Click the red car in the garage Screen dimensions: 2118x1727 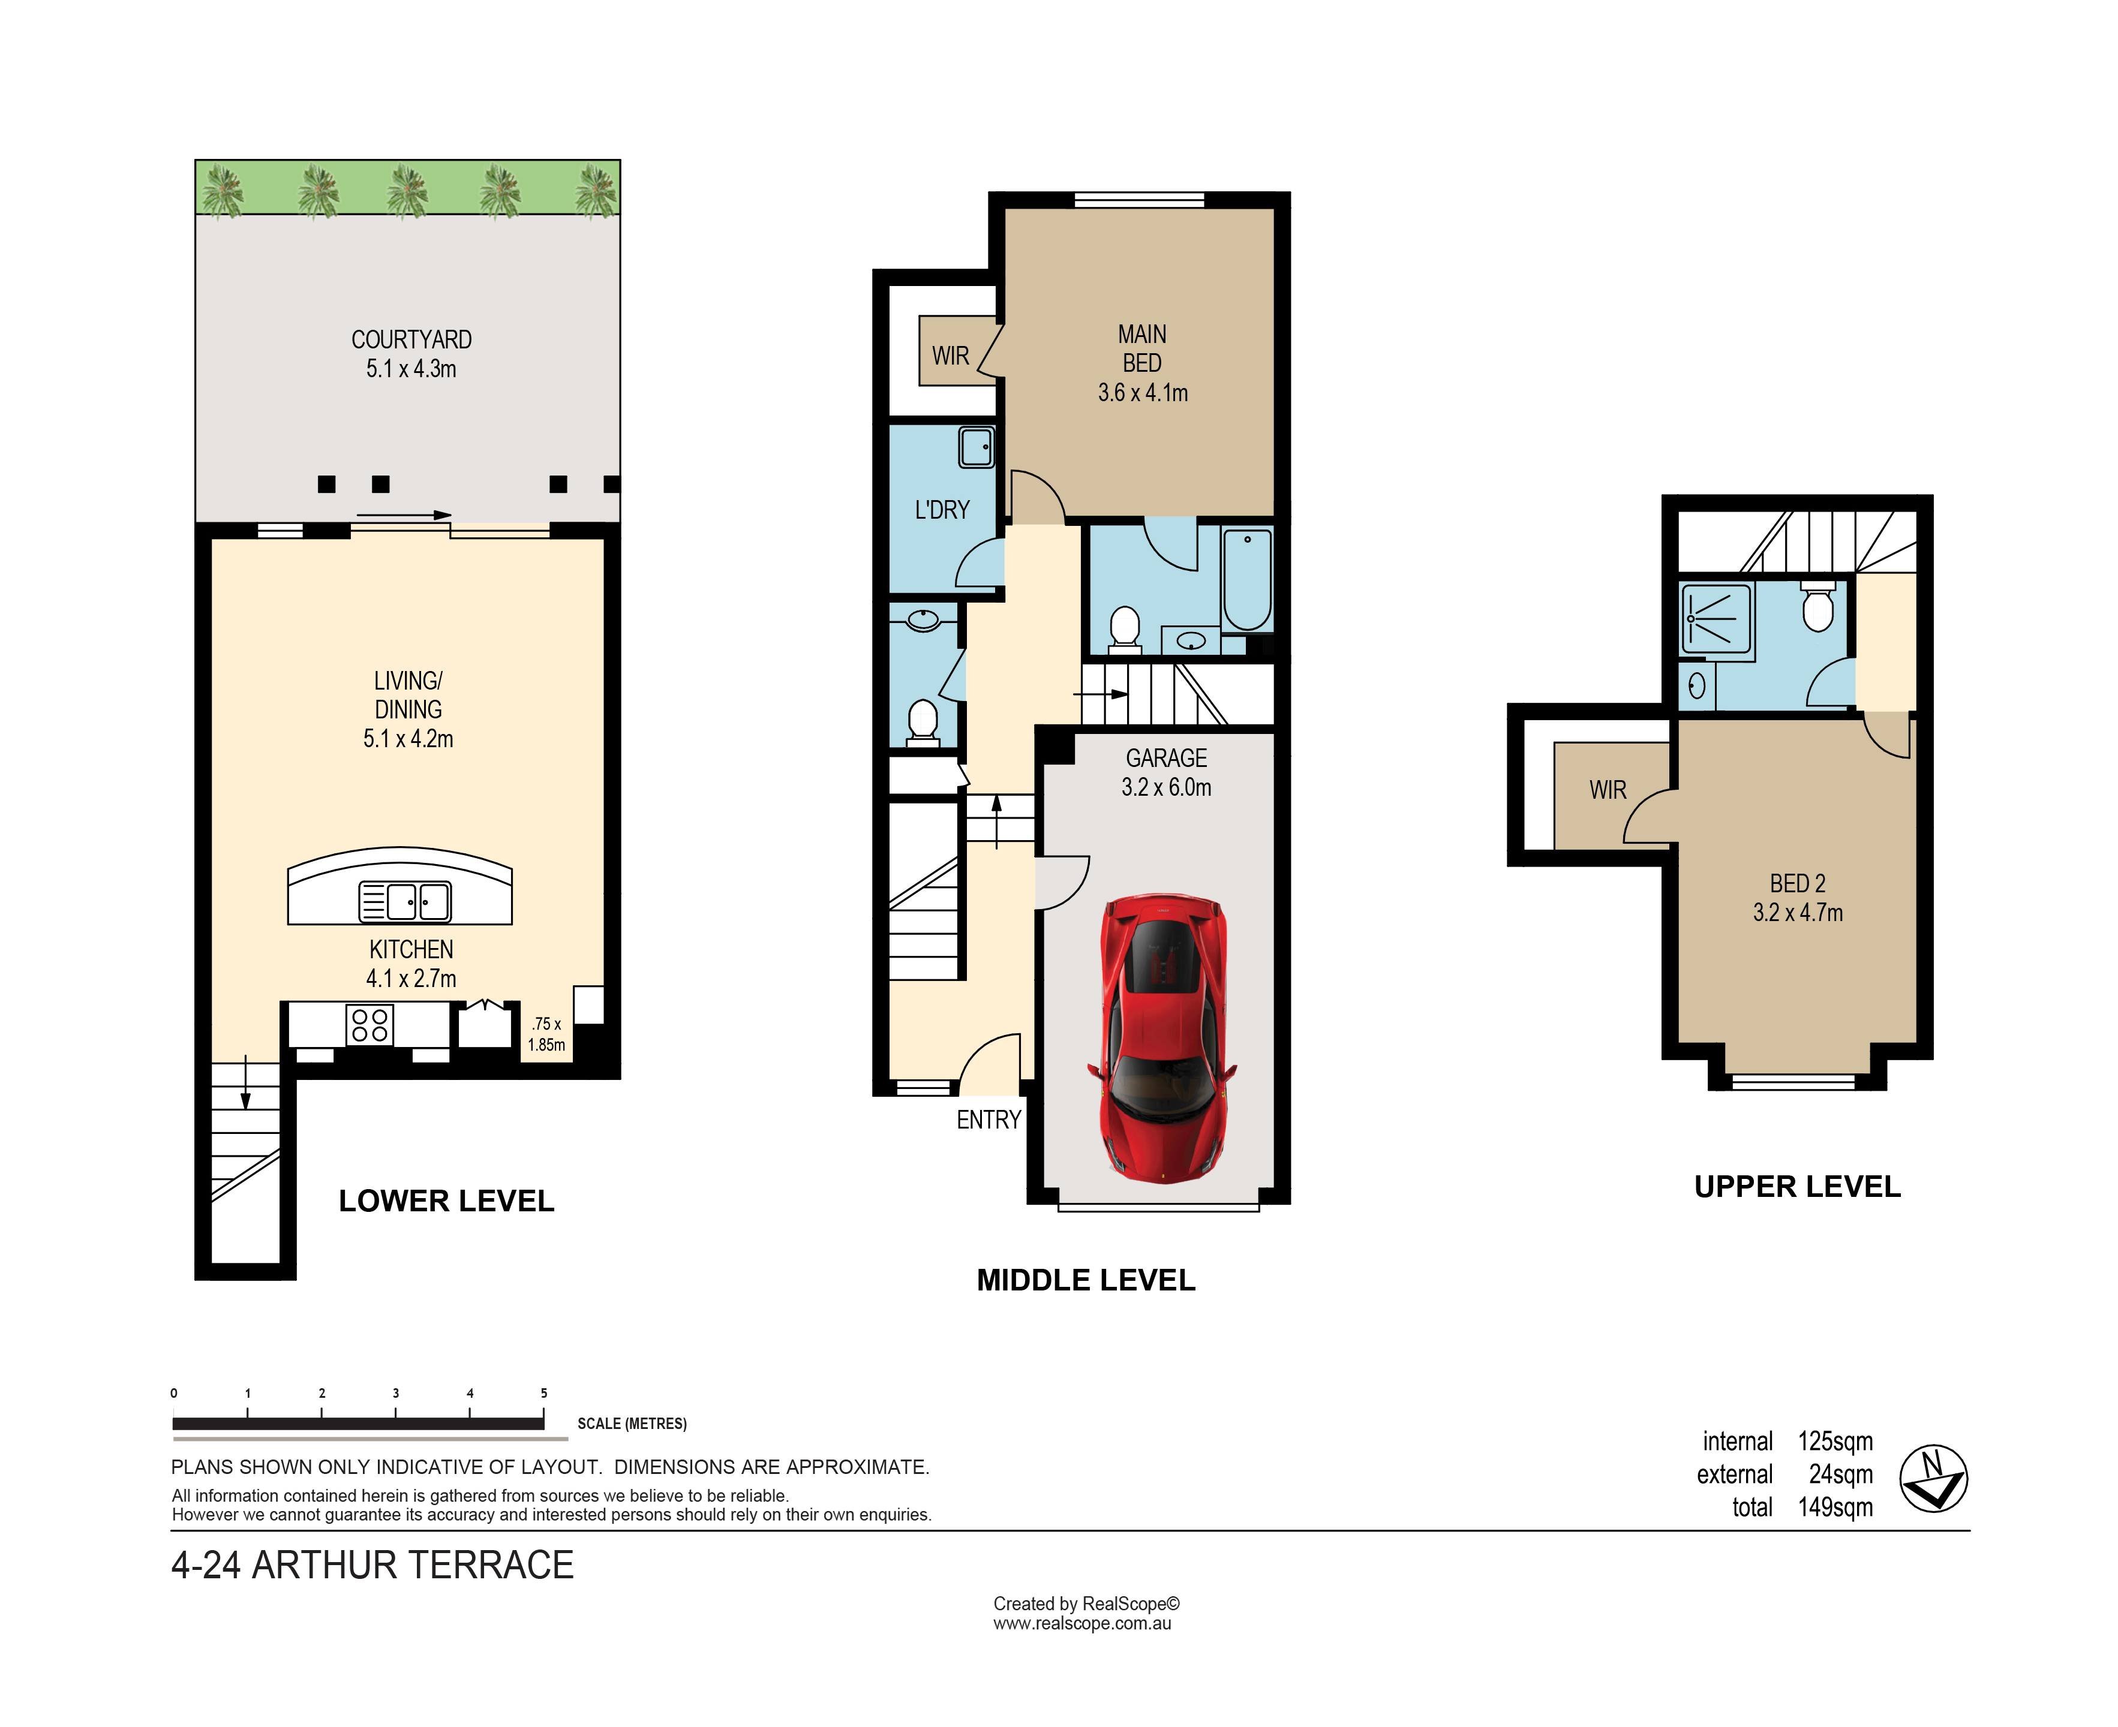tap(1162, 1037)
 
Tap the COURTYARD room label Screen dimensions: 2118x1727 tap(411, 340)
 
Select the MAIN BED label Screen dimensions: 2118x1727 tap(1142, 349)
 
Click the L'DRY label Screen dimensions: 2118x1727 tap(942, 510)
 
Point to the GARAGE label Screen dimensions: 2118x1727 tap(1166, 758)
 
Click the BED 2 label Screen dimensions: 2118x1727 tap(1796, 883)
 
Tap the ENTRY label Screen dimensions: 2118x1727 tap(989, 1120)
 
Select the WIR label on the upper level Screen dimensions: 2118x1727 tap(1608, 790)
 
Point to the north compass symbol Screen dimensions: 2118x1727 tap(1933, 1478)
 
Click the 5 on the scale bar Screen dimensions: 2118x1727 tap(544, 1393)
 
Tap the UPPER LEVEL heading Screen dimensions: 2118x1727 tap(1796, 1187)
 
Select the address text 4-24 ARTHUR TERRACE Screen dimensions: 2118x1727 tap(372, 1565)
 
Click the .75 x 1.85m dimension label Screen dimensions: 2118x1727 tap(546, 1034)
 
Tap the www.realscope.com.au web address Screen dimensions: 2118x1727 tap(1081, 1623)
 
